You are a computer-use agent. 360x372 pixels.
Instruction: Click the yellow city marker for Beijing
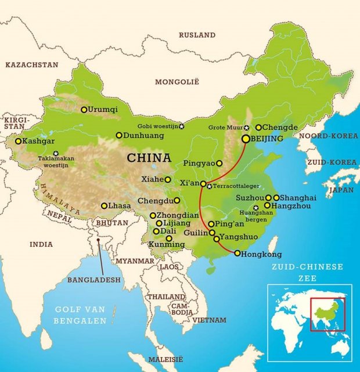coord(246,139)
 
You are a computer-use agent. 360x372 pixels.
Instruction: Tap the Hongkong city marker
coord(237,253)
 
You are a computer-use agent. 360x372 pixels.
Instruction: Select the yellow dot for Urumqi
coord(84,109)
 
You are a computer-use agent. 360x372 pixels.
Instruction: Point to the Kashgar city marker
coord(18,141)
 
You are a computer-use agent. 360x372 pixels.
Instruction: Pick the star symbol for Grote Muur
coord(247,127)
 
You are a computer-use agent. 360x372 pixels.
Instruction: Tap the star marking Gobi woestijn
coord(181,126)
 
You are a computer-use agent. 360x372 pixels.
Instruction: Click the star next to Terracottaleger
coord(209,186)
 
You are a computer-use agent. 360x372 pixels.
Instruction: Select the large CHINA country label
coord(149,158)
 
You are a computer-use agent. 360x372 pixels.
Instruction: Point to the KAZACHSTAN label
coord(32,65)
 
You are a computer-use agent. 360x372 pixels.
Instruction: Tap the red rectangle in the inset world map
coord(327,314)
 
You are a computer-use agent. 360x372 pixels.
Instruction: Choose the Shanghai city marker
coord(276,198)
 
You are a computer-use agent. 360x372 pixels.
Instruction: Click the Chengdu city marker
coord(177,201)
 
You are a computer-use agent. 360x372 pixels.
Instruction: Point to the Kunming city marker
coord(169,238)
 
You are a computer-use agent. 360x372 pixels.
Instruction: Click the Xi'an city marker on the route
coord(203,183)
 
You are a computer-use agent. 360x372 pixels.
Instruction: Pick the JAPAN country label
coord(341,190)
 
